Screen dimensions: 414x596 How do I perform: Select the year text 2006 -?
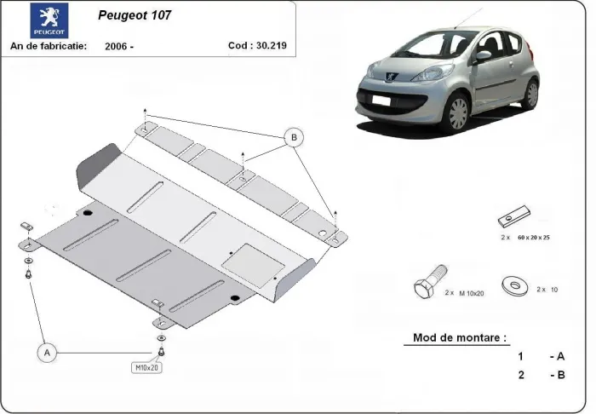click(x=120, y=47)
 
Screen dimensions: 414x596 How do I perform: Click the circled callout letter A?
click(x=47, y=351)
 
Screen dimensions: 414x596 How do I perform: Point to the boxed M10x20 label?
click(x=146, y=368)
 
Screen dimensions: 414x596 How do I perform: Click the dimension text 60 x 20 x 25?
click(x=533, y=238)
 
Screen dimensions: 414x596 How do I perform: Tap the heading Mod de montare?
click(x=460, y=337)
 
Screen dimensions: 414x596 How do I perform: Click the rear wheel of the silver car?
click(x=530, y=93)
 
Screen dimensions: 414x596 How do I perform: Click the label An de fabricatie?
click(x=49, y=46)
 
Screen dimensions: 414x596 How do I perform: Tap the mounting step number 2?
click(x=520, y=374)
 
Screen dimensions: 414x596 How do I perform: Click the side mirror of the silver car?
click(x=483, y=56)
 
